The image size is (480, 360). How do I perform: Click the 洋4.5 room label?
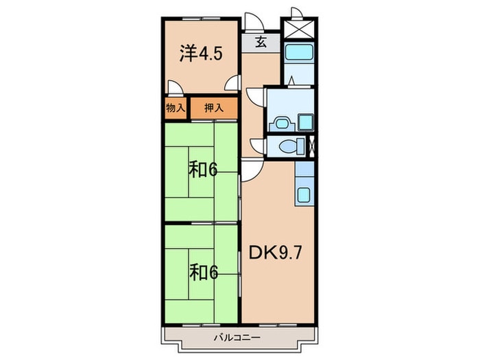pyautogui.click(x=200, y=54)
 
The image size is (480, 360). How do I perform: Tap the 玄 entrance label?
pyautogui.click(x=261, y=41)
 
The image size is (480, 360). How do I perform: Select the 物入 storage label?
pyautogui.click(x=176, y=108)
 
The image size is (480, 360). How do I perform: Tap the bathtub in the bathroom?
pyautogui.click(x=299, y=51)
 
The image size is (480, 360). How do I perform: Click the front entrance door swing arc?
pyautogui.click(x=252, y=19)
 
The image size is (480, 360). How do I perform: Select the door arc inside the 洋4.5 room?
pyautogui.click(x=176, y=88)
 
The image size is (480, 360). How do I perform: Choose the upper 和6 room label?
pyautogui.click(x=204, y=169)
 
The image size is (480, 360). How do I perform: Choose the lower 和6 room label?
pyautogui.click(x=204, y=273)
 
